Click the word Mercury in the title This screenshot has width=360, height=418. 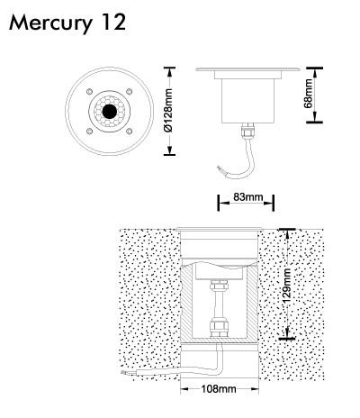pyautogui.click(x=50, y=23)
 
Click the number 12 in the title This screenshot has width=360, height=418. pyautogui.click(x=113, y=23)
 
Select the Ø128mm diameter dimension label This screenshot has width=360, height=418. pyautogui.click(x=169, y=110)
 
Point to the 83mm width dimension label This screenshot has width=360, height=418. pyautogui.click(x=247, y=197)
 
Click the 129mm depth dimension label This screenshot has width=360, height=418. pyautogui.click(x=286, y=286)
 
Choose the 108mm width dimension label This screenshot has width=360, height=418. pyautogui.click(x=219, y=389)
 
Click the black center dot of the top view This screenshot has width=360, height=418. pyautogui.click(x=110, y=112)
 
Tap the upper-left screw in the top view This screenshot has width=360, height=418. pyautogui.click(x=89, y=91)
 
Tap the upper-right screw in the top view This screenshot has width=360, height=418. pyautogui.click(x=130, y=91)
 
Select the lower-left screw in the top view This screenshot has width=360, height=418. pyautogui.click(x=89, y=132)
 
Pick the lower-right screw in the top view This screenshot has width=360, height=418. pyautogui.click(x=130, y=132)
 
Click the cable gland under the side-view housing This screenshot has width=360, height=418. pyautogui.click(x=248, y=131)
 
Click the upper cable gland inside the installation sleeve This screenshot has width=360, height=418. pyautogui.click(x=219, y=285)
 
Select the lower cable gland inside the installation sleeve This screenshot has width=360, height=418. pyautogui.click(x=219, y=328)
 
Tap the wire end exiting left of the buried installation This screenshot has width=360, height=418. pyautogui.click(x=123, y=373)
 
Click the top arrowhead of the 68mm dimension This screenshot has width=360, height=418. pyautogui.click(x=314, y=73)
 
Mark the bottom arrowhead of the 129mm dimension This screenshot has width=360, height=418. pyautogui.click(x=287, y=332)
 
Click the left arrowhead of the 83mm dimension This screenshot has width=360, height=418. pyautogui.click(x=223, y=203)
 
